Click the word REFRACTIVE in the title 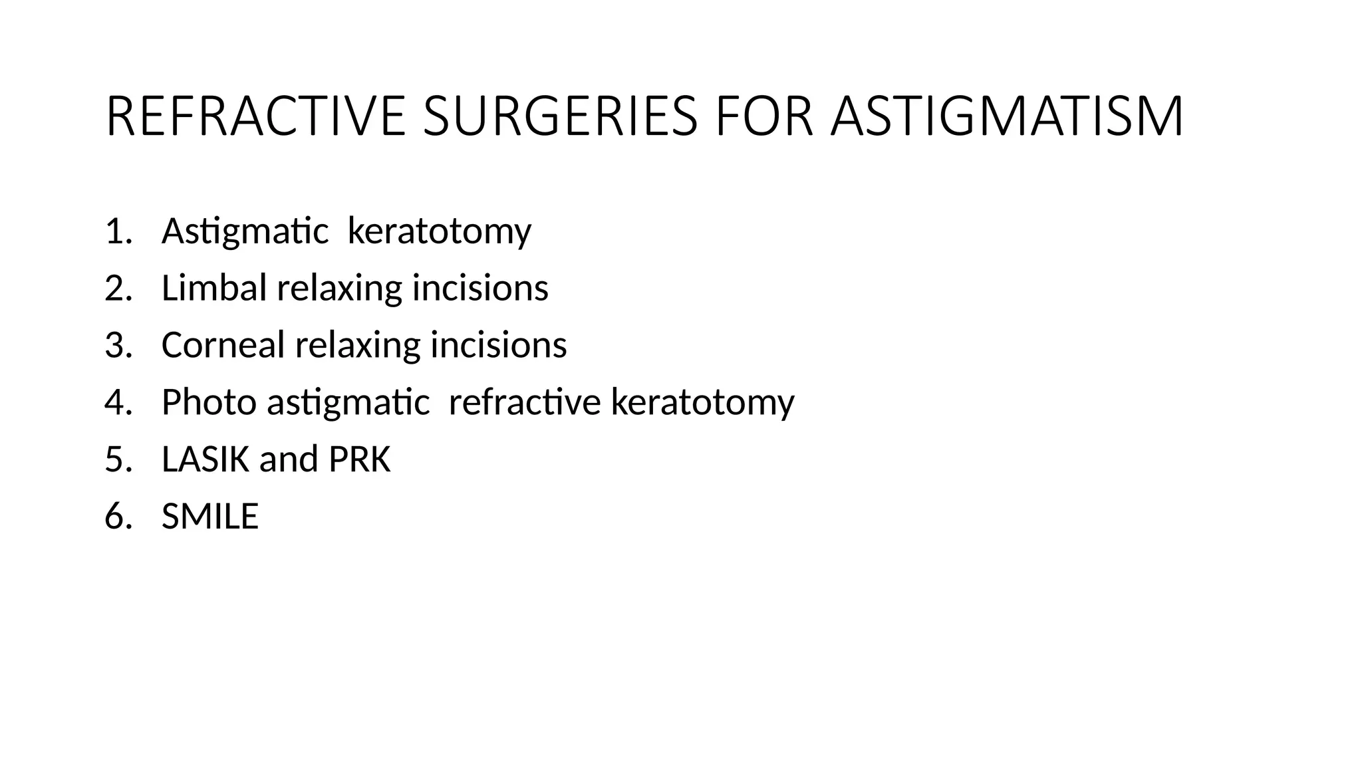255,117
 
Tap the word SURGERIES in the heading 560,117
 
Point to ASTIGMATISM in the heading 1007,117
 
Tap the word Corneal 223,346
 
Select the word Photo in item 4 209,403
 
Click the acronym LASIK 205,459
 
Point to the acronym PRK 359,459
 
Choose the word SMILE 210,517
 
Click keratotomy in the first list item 440,232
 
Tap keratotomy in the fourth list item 702,403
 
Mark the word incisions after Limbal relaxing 480,289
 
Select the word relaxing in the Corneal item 358,346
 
